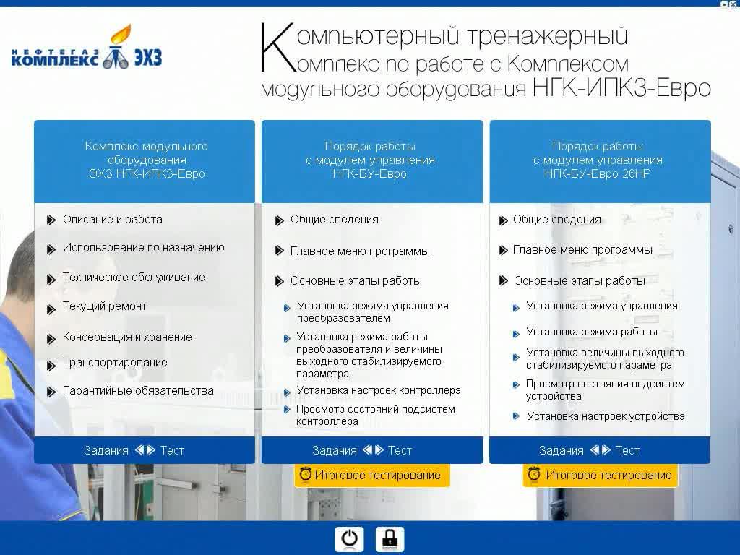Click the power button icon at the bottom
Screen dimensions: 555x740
(x=349, y=539)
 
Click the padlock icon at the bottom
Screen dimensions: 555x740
(x=390, y=539)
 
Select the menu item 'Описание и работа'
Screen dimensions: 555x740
(x=112, y=220)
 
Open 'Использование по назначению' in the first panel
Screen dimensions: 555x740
(x=143, y=248)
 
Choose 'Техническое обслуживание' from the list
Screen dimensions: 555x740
(x=134, y=277)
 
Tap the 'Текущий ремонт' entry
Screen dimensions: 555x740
(x=104, y=306)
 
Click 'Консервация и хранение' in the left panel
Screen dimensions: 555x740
(x=127, y=337)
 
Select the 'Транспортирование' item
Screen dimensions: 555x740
(x=114, y=363)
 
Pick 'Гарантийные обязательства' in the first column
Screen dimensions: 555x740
(x=138, y=391)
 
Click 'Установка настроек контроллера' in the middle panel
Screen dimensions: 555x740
(x=378, y=391)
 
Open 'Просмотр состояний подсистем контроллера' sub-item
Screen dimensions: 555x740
(x=375, y=415)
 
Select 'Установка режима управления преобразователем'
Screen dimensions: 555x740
(x=372, y=312)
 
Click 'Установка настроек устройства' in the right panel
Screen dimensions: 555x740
(x=606, y=416)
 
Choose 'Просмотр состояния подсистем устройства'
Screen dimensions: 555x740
(x=605, y=390)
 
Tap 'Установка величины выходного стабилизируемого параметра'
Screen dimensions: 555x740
(x=604, y=359)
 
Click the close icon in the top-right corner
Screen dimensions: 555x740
(x=725, y=4)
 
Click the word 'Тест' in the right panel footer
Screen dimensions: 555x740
(x=627, y=450)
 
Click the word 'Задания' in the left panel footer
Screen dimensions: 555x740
(x=106, y=450)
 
